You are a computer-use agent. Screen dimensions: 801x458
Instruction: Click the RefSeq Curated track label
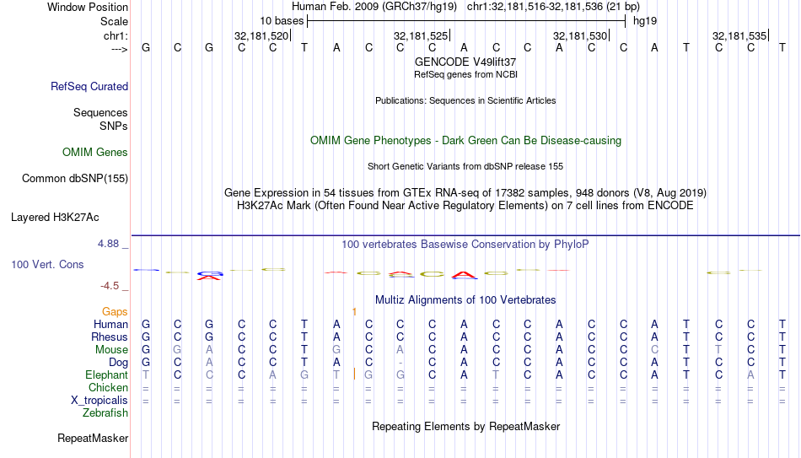coord(89,86)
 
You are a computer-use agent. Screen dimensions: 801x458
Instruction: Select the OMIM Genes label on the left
coord(95,153)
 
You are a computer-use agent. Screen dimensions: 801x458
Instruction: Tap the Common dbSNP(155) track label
coord(75,179)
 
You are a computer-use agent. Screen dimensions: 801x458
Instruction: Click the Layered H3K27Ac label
coord(55,218)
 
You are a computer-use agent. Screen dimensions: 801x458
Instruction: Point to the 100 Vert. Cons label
coord(47,264)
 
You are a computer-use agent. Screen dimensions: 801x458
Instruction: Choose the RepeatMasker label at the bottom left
coord(93,438)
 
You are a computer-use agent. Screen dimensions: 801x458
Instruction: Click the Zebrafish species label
coord(105,412)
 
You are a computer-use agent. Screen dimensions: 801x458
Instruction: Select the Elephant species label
coord(106,374)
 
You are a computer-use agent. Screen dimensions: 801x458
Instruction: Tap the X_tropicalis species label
coord(99,401)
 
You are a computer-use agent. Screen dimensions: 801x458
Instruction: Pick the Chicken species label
coord(108,387)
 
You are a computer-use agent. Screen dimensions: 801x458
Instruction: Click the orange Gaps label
coord(115,311)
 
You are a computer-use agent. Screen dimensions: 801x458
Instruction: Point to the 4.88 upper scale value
coord(108,244)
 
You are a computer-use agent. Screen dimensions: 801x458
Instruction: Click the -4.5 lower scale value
coord(110,286)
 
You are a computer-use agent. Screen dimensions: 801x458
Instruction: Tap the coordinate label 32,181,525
coord(421,35)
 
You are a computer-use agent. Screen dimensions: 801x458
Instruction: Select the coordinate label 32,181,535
coord(739,35)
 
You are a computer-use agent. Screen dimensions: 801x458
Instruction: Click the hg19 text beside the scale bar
coord(645,21)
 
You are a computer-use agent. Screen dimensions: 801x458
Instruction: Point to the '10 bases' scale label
coord(282,21)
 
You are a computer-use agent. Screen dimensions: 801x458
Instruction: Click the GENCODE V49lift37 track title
coord(465,62)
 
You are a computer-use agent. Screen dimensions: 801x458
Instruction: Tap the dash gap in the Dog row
coord(400,363)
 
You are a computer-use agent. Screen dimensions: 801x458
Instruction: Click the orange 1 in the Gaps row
coord(354,311)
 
